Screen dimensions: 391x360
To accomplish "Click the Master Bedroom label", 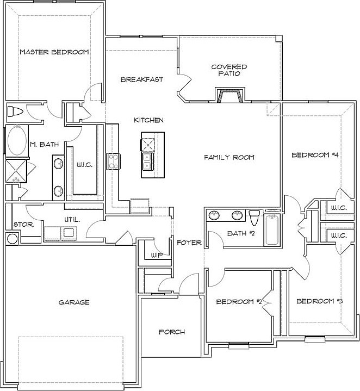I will click(x=54, y=52).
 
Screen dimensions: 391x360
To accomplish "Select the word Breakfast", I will click(x=141, y=79).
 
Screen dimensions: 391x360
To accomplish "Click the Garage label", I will click(x=75, y=302).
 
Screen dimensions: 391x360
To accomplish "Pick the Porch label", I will click(x=172, y=332).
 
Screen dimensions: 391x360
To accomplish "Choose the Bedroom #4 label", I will click(x=315, y=155).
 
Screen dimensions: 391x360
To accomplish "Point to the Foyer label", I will click(x=189, y=243).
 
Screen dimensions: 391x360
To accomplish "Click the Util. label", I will click(x=72, y=220).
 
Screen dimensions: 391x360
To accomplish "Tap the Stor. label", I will click(x=20, y=224).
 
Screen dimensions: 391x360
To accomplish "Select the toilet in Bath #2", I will click(x=253, y=218).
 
